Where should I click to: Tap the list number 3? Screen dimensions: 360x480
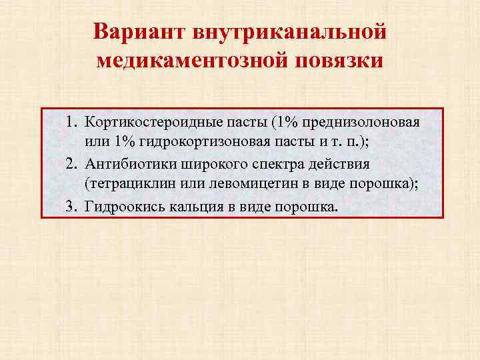pyautogui.click(x=71, y=207)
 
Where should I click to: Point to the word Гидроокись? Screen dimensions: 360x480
pyautogui.click(x=120, y=207)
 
